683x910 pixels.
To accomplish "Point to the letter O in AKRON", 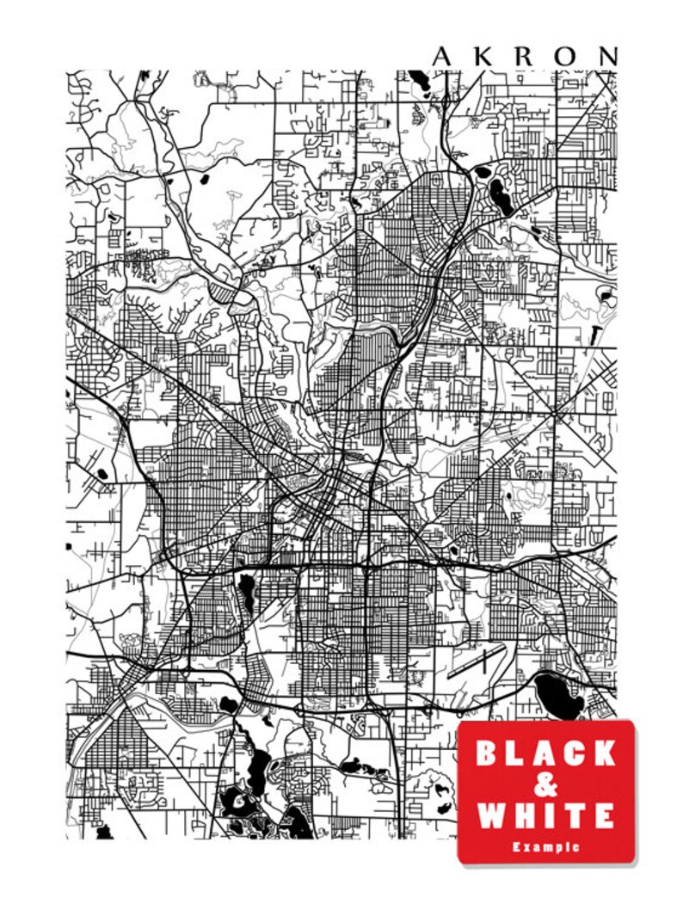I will coord(567,57).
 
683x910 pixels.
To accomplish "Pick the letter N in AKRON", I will coord(608,57).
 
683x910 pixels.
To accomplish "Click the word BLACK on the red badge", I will coord(546,753).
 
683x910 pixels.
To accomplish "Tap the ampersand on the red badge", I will coord(546,784).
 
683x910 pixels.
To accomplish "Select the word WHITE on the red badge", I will coord(546,815).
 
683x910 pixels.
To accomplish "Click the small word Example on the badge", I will coord(546,847).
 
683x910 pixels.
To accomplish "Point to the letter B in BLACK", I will coord(488,753).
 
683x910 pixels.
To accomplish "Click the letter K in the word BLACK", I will coord(605,753).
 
